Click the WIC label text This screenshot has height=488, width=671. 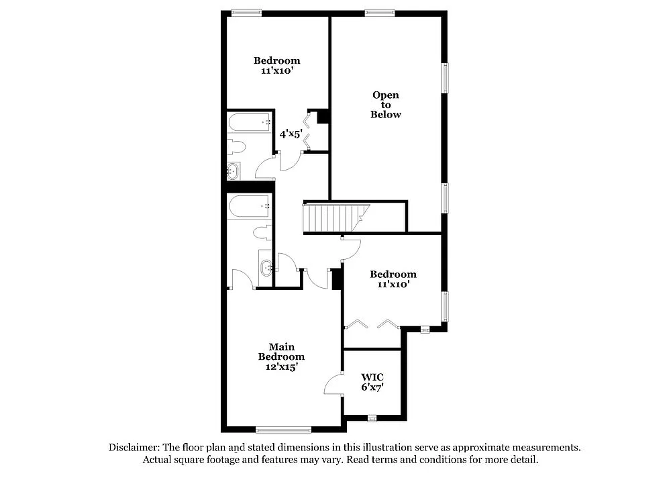coord(372,377)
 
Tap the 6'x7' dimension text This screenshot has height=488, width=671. coord(372,387)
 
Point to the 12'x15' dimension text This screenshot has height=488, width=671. coord(282,367)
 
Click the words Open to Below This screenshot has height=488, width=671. coord(386,105)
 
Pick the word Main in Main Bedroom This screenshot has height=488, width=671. coord(282,346)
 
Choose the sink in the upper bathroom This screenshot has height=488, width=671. coord(233,171)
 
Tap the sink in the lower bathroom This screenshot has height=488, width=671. coord(266,268)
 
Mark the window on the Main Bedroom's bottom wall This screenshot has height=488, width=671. coord(283,430)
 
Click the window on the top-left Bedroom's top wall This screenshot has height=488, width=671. coord(246,12)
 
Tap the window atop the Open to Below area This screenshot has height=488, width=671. coord(380,12)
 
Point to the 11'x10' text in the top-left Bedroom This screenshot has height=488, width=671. coord(276,70)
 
